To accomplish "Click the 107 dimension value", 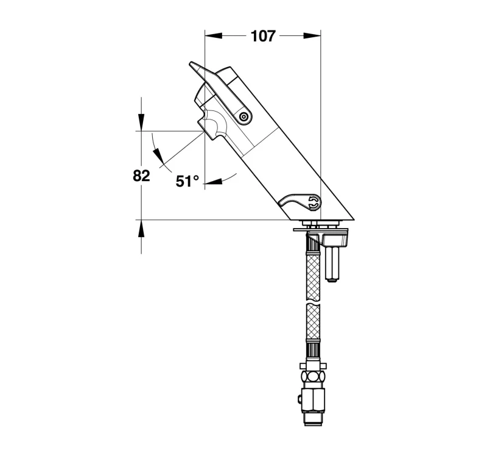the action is tap(263, 36).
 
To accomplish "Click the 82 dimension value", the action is tap(141, 176).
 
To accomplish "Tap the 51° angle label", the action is tap(187, 181).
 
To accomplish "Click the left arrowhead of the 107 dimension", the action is tap(214, 36).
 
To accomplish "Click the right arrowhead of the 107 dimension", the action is tap(312, 36).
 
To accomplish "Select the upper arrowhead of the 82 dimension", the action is tap(141, 123).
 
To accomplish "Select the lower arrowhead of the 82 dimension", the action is tap(141, 229).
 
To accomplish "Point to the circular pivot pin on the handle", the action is tap(244, 117).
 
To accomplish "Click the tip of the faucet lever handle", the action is tap(191, 64).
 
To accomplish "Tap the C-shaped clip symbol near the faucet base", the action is tap(314, 202).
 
